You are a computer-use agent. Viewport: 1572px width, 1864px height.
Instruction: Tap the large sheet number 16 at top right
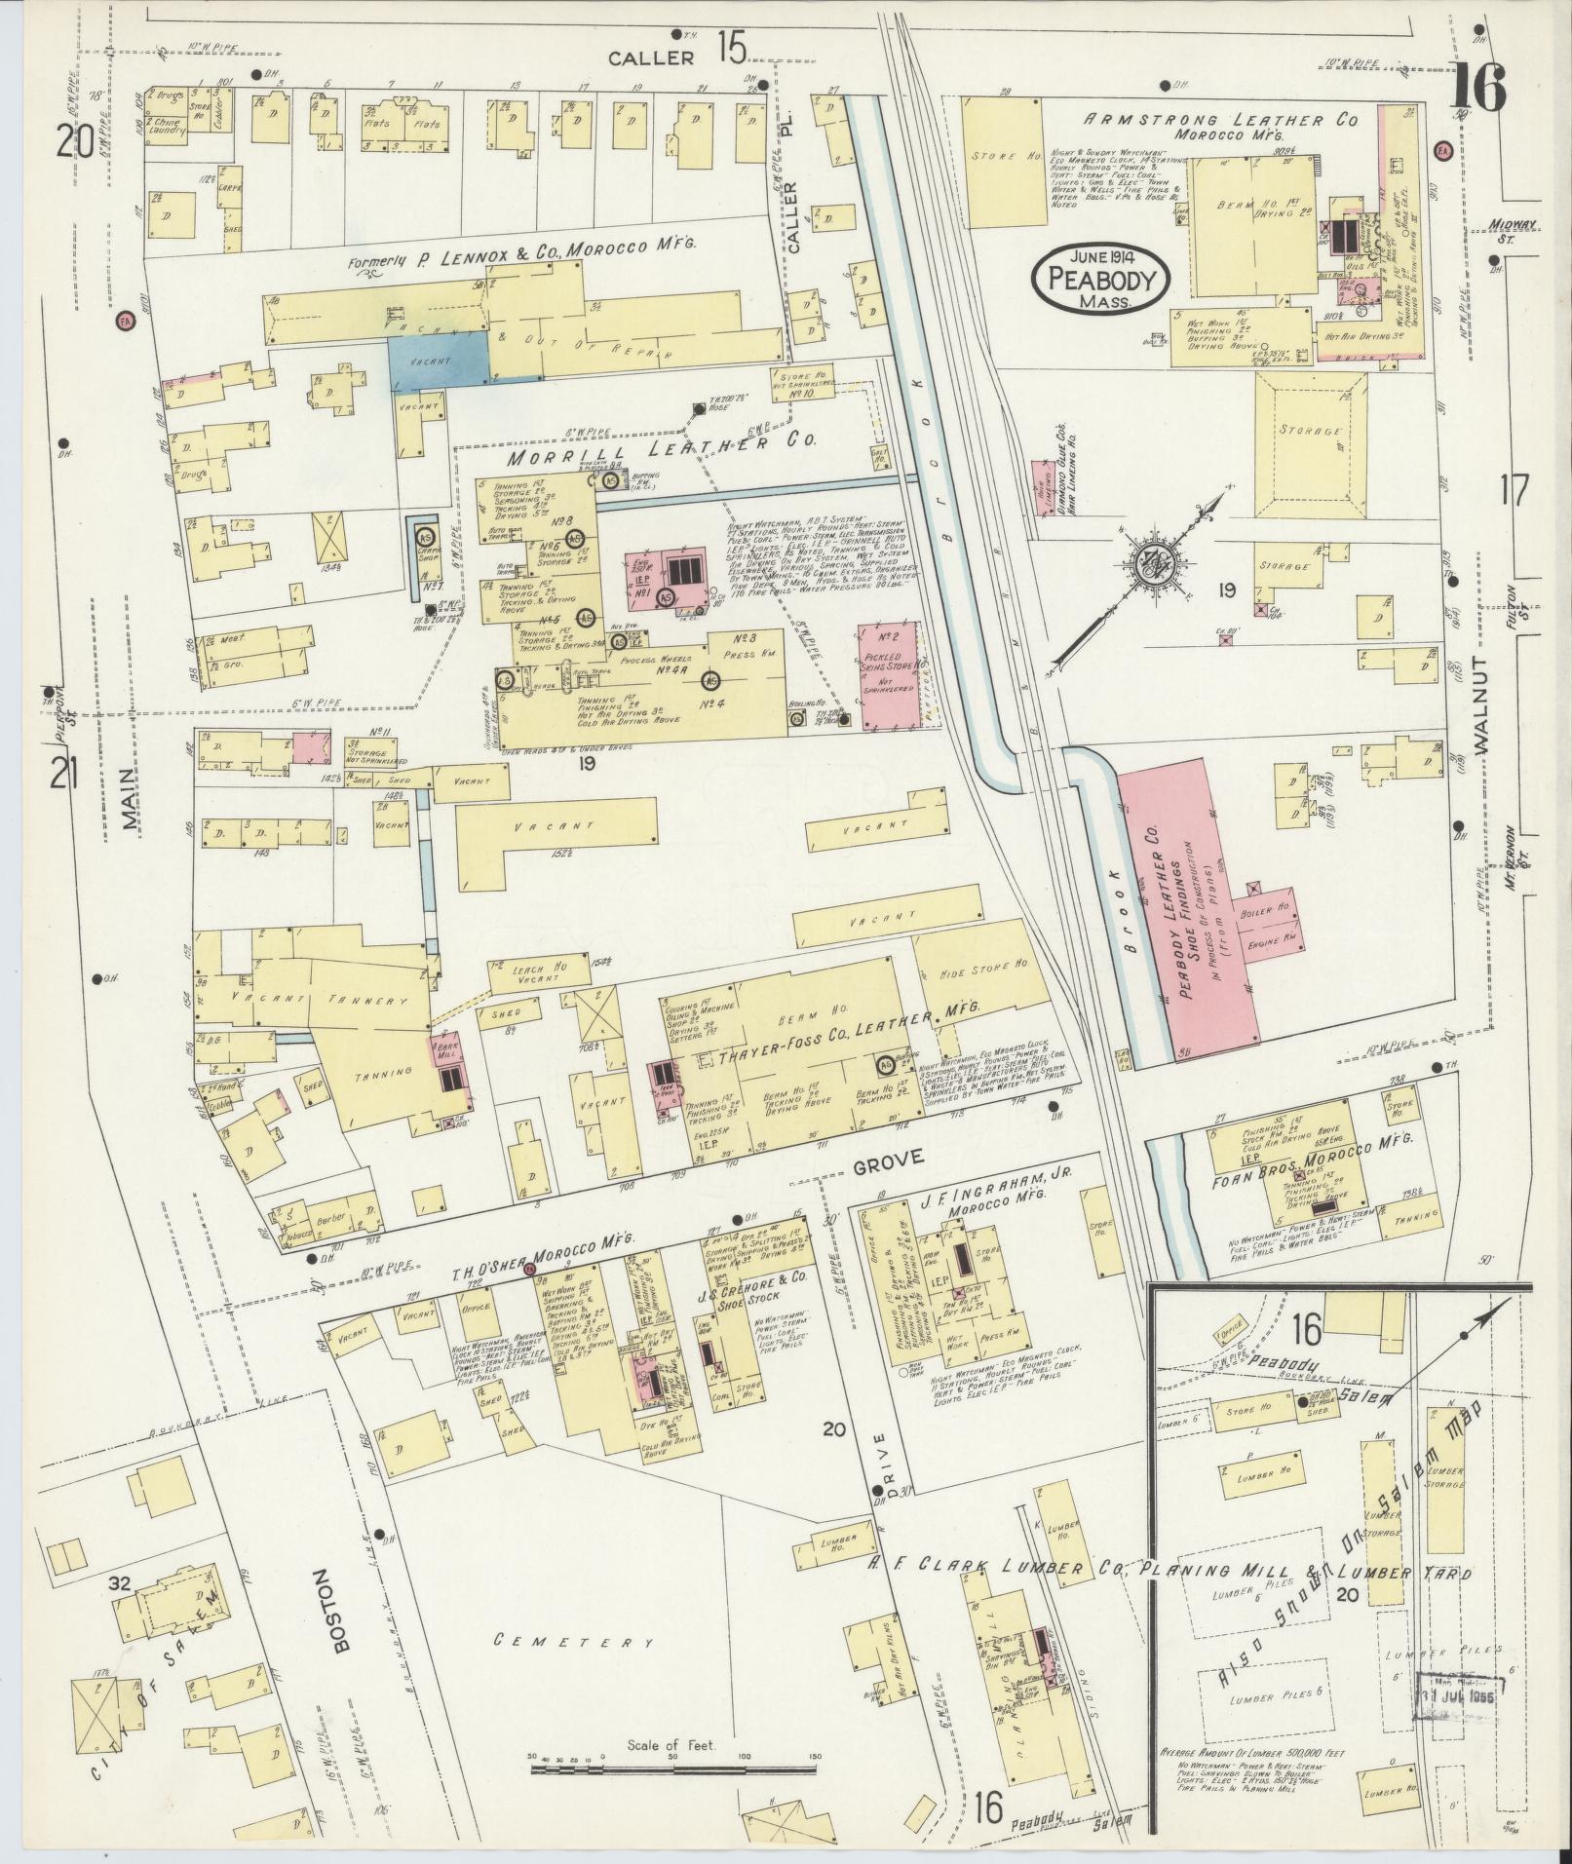coord(1476,89)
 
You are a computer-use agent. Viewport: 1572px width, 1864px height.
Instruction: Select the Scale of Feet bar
coord(673,1764)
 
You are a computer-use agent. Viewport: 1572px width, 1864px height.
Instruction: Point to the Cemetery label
coord(573,1640)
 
